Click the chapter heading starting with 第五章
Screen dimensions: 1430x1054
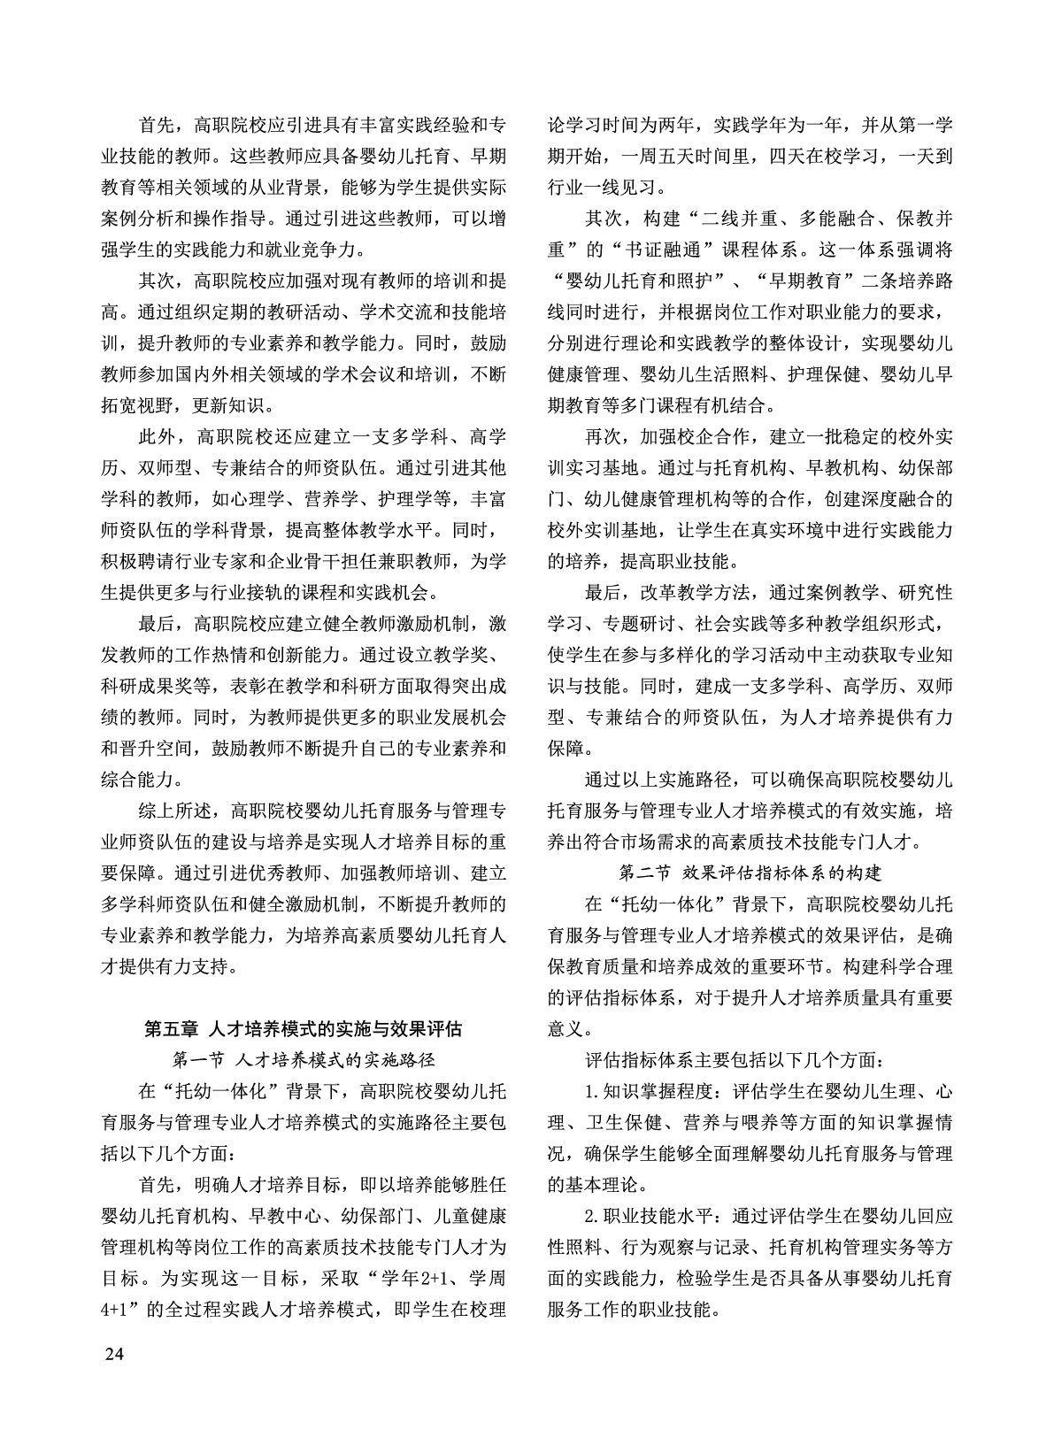click(303, 1030)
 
